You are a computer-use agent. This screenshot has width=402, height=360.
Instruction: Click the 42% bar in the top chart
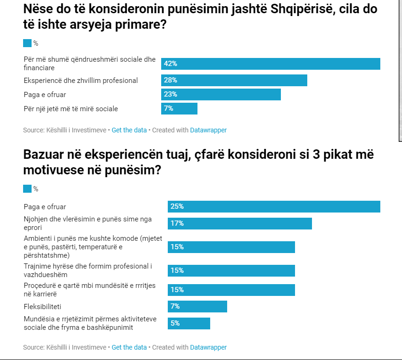(x=271, y=64)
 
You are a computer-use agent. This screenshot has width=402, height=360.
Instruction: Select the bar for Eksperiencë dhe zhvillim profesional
(x=234, y=80)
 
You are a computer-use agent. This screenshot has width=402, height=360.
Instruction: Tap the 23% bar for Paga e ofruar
(x=221, y=94)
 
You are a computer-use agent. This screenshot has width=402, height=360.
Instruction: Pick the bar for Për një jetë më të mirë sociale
(x=179, y=108)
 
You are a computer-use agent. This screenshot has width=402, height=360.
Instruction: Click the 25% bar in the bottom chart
(x=274, y=206)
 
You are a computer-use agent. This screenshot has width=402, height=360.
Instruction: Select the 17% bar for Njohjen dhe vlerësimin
(x=239, y=223)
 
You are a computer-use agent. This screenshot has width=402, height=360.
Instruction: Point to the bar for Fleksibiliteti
(x=197, y=306)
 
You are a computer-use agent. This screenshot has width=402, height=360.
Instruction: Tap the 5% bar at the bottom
(x=189, y=323)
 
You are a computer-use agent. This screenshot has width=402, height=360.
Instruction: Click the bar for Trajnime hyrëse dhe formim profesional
(x=231, y=270)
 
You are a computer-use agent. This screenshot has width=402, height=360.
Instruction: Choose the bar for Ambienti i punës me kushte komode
(x=231, y=247)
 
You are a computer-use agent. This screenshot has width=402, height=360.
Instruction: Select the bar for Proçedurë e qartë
(x=231, y=289)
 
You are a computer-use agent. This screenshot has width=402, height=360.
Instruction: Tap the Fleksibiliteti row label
(x=42, y=306)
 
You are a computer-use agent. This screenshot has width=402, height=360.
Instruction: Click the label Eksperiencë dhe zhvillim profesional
(x=81, y=80)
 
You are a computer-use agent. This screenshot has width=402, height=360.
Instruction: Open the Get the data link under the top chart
(x=129, y=130)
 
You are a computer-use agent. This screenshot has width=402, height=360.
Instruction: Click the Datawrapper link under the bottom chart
(x=208, y=347)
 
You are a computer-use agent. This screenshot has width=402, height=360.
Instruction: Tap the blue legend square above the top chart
(x=27, y=43)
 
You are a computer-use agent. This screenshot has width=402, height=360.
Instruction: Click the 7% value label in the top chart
(x=169, y=108)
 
